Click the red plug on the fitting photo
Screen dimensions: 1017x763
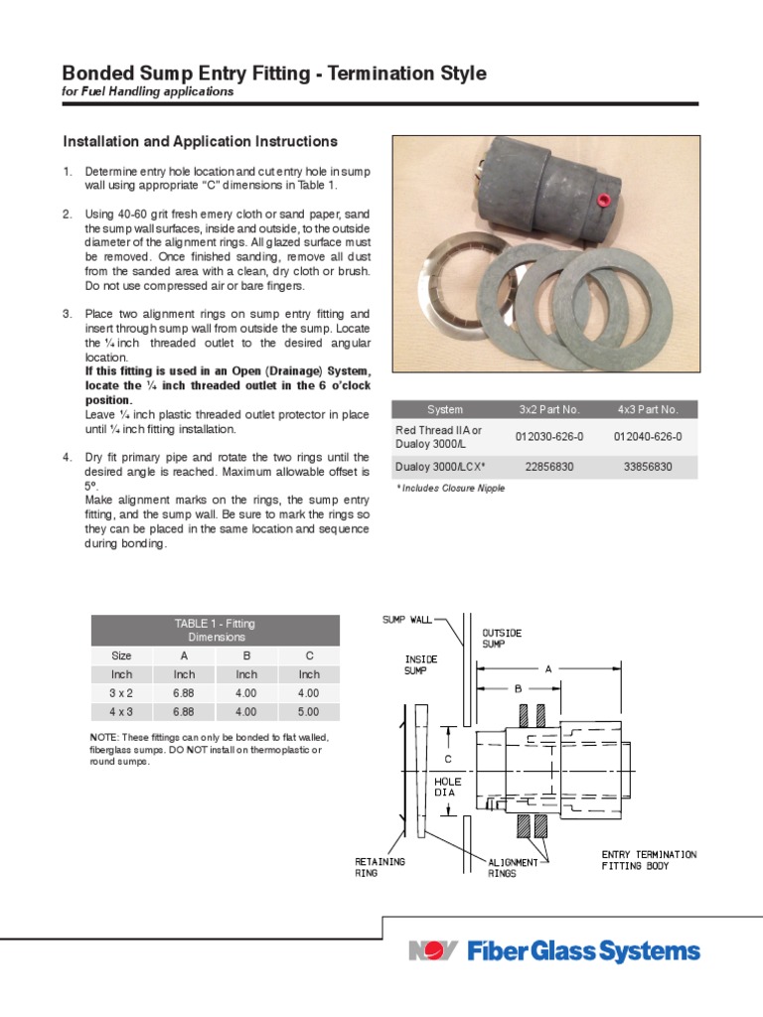tap(600, 202)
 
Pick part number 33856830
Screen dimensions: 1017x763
tap(647, 467)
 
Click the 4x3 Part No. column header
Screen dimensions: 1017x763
tap(647, 409)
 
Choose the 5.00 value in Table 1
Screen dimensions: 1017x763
tap(308, 712)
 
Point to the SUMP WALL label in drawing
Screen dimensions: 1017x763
tap(407, 620)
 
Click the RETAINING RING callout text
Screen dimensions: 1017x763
tap(380, 867)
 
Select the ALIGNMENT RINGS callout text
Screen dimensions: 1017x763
tap(513, 868)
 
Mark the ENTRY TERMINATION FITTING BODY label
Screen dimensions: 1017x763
tap(649, 860)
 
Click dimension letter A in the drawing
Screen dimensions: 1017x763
tap(547, 669)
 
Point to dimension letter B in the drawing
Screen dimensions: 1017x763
tap(518, 687)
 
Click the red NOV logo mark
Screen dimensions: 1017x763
tap(433, 951)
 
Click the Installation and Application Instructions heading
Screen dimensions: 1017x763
tap(200, 142)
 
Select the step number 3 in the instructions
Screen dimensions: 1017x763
tap(68, 314)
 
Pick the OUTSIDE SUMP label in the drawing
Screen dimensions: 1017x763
tap(502, 639)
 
